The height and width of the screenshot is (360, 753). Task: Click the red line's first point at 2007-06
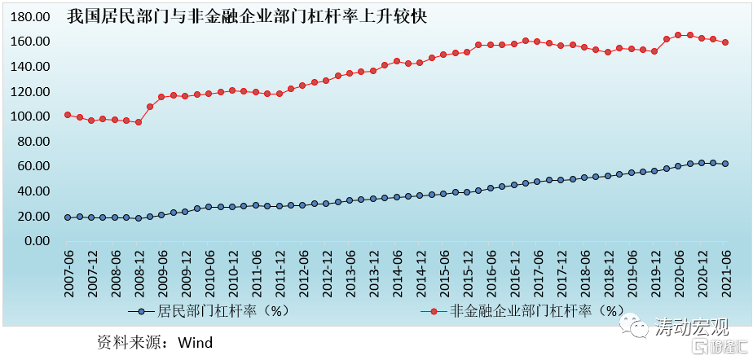coord(68,115)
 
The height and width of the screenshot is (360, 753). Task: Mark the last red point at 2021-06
coord(725,42)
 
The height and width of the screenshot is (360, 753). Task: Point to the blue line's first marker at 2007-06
coord(68,217)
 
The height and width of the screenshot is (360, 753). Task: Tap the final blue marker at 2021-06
coord(725,164)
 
